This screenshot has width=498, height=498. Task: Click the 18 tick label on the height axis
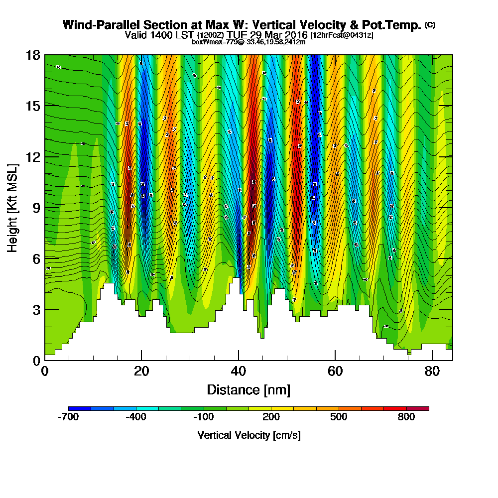pyautogui.click(x=32, y=55)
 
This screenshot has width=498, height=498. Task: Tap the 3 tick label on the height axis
pyautogui.click(x=35, y=310)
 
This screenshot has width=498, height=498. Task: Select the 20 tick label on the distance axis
pyautogui.click(x=141, y=372)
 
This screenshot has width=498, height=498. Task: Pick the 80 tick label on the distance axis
pyautogui.click(x=432, y=372)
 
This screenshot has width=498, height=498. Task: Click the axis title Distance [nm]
pyautogui.click(x=249, y=389)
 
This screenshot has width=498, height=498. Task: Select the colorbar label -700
pyautogui.click(x=68, y=417)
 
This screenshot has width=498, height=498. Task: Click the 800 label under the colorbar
pyautogui.click(x=406, y=417)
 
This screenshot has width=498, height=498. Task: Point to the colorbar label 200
pyautogui.click(x=271, y=417)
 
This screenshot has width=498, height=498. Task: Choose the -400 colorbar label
pyautogui.click(x=136, y=417)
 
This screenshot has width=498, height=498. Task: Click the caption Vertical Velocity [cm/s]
pyautogui.click(x=249, y=435)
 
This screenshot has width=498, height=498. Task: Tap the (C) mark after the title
pyautogui.click(x=430, y=25)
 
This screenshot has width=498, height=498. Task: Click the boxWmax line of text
pyautogui.click(x=249, y=42)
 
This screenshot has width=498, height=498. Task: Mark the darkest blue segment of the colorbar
pyautogui.click(x=80, y=408)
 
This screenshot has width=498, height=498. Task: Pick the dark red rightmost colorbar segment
pyautogui.click(x=418, y=408)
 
